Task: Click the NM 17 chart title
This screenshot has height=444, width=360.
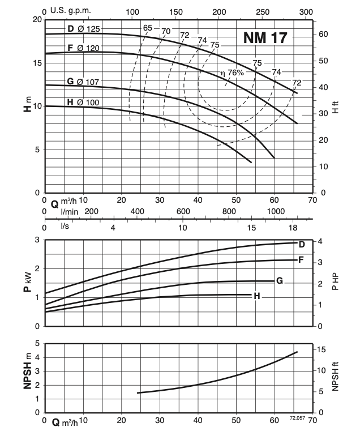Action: (x=265, y=38)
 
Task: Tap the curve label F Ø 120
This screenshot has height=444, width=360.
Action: (x=83, y=48)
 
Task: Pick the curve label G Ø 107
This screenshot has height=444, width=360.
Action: (x=83, y=82)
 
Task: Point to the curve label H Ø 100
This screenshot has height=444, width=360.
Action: (x=83, y=102)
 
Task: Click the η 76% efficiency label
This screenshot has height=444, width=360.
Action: (x=232, y=73)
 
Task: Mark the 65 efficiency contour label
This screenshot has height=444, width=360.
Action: (x=148, y=28)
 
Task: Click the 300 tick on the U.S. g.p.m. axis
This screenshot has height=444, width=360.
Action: (x=306, y=11)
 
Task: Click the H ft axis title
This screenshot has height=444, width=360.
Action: (x=335, y=106)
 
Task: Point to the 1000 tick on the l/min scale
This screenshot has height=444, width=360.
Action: (x=275, y=211)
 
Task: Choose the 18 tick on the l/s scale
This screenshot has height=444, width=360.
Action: (x=293, y=227)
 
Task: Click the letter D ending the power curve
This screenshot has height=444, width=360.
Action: (x=302, y=245)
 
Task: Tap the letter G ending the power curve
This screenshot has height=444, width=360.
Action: (x=280, y=281)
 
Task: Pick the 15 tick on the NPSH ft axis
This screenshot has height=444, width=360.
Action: (x=320, y=350)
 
